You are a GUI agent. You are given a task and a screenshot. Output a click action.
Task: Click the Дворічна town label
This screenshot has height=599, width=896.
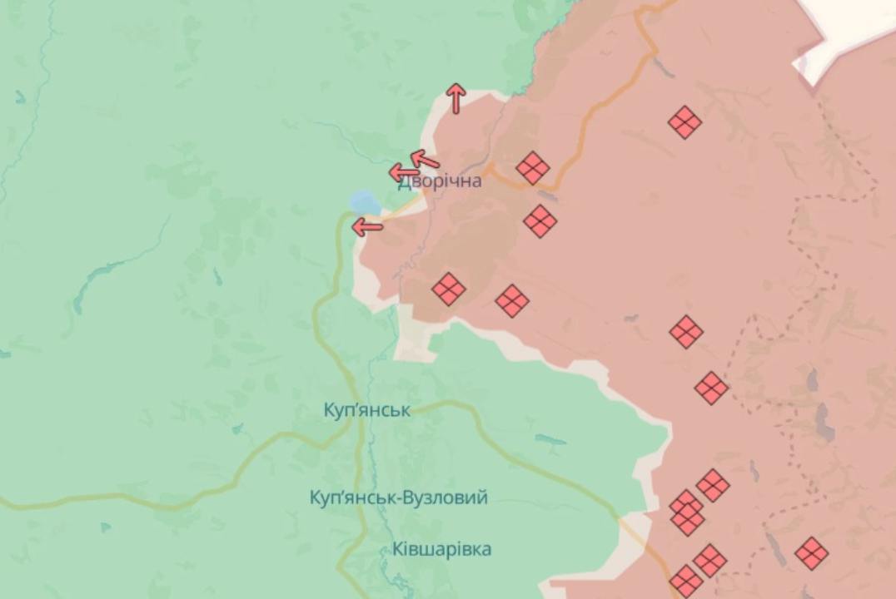click(440, 181)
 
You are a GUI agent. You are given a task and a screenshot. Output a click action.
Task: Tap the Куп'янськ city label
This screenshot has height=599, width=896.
click(367, 410)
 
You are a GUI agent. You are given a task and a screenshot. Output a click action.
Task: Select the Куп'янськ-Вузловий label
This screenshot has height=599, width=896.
click(398, 498)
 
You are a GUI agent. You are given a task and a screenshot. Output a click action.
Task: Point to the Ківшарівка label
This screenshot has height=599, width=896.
click(441, 549)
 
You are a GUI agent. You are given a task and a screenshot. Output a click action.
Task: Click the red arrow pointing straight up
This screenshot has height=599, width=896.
click(455, 97)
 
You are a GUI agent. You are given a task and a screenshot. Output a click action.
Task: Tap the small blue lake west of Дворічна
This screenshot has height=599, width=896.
click(365, 202)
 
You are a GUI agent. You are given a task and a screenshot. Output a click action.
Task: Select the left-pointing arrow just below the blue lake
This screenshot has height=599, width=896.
click(367, 225)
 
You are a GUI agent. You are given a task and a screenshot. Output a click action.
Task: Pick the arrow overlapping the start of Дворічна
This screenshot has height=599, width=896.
click(405, 173)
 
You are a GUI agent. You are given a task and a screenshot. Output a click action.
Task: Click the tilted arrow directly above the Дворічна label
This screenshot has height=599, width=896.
click(425, 158)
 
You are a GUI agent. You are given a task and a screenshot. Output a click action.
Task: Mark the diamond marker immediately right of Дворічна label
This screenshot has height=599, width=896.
click(533, 168)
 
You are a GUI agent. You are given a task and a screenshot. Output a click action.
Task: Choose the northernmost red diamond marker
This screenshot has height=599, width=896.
click(684, 122)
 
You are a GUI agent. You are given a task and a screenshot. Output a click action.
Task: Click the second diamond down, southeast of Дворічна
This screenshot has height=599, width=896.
click(540, 221)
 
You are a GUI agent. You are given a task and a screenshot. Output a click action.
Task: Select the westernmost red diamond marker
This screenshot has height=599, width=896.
click(449, 290)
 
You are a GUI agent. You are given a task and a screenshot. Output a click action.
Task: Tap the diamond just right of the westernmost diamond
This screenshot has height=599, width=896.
click(512, 300)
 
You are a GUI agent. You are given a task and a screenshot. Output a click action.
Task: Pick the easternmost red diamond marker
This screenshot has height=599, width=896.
click(811, 553)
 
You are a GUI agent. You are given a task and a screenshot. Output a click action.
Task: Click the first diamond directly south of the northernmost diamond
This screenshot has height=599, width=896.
click(686, 332)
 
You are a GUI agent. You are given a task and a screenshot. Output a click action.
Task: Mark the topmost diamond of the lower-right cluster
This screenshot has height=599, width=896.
click(713, 485)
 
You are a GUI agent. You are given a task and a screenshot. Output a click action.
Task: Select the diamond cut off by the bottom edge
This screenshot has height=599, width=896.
click(686, 582)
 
